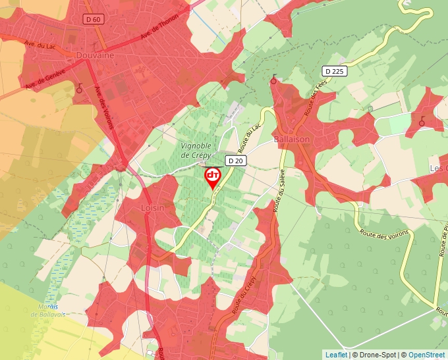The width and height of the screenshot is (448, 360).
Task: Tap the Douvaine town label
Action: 95,56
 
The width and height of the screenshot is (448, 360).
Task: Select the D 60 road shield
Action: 94,20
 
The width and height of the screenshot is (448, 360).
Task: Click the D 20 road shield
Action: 235,161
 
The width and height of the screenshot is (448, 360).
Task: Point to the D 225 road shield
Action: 335,71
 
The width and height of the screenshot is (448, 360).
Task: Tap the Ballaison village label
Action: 291,140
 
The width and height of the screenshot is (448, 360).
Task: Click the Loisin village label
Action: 152,207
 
